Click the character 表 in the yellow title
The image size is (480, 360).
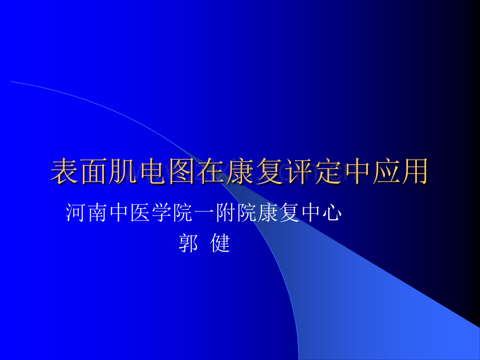click(65, 172)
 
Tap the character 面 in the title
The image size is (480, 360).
click(94, 172)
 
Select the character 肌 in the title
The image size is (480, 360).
click(123, 172)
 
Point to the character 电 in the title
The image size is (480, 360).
click(152, 172)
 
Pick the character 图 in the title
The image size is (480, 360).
click(182, 172)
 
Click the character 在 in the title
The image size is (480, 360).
click(211, 172)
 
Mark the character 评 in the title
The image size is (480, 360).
click(298, 172)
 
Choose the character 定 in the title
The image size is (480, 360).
click(327, 172)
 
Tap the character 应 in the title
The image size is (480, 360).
click(386, 172)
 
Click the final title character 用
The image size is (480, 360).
click(415, 172)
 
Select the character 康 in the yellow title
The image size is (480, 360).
click(240, 172)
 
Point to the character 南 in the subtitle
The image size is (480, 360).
click(98, 213)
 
